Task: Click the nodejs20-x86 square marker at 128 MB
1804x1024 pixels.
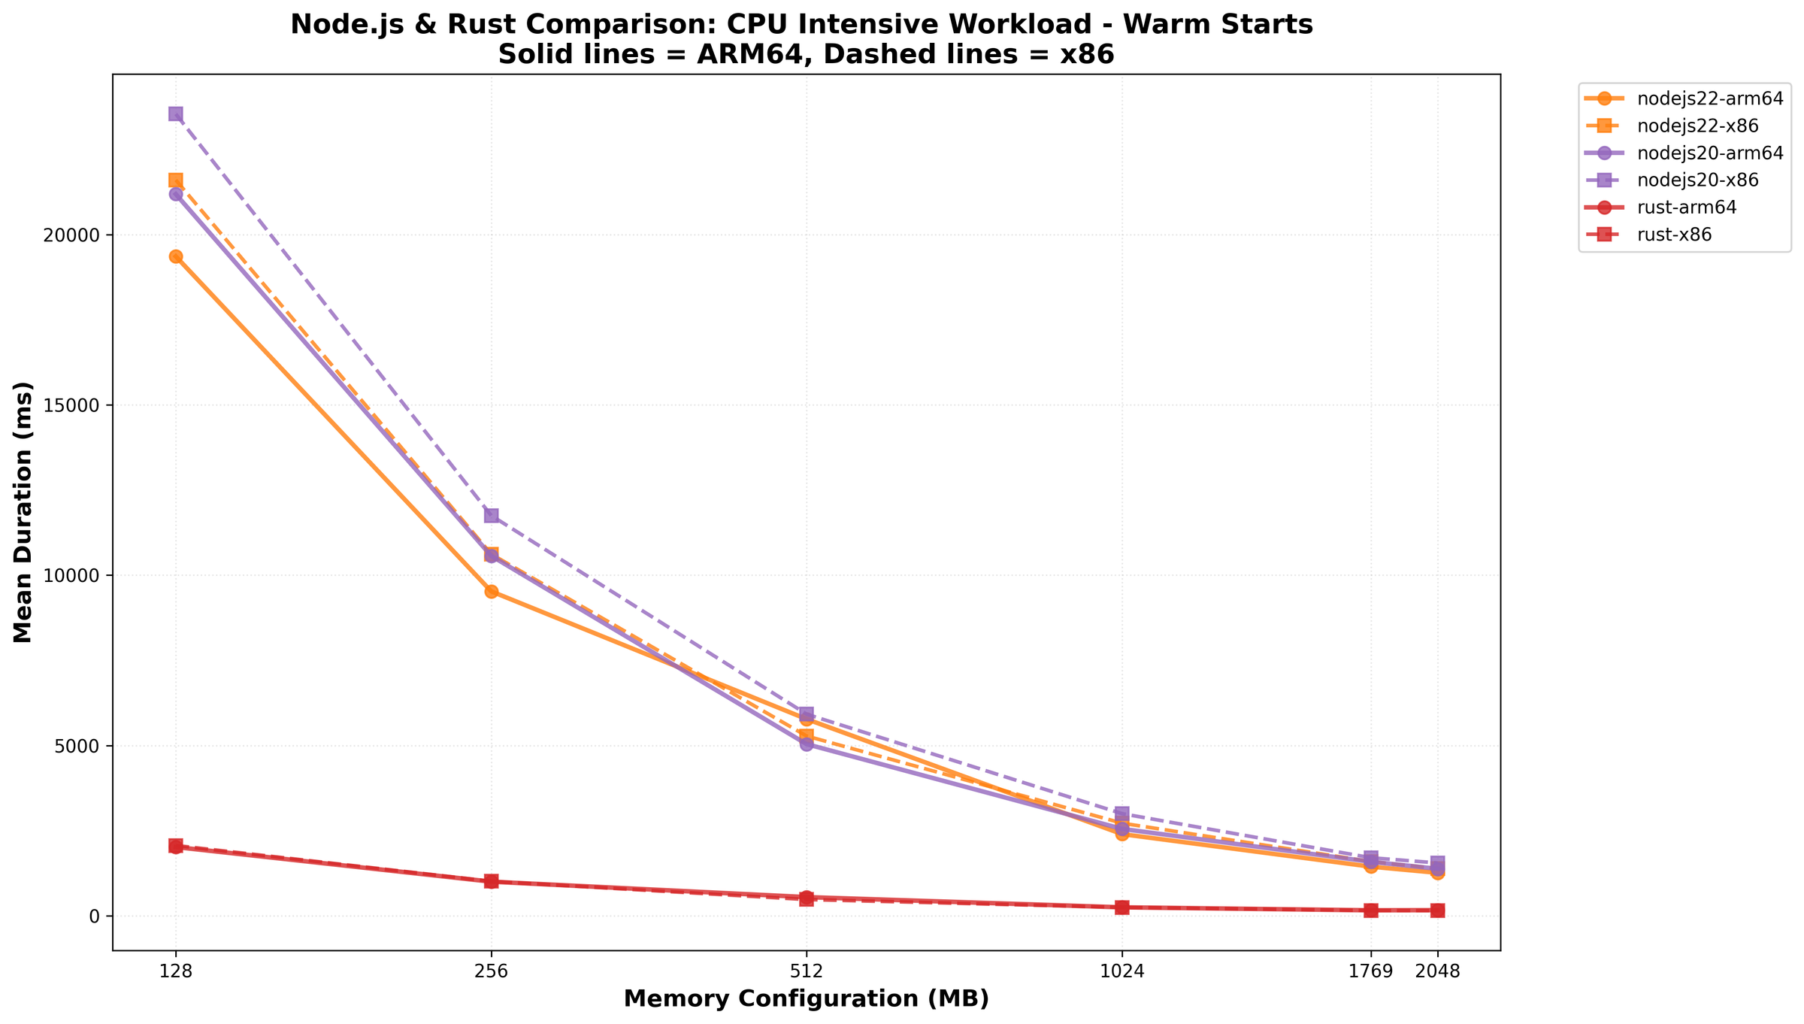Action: [x=175, y=114]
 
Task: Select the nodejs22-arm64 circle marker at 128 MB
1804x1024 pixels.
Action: [x=175, y=256]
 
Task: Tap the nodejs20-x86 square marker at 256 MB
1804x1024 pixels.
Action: [x=491, y=515]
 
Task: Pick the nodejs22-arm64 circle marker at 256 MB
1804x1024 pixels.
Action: [x=491, y=591]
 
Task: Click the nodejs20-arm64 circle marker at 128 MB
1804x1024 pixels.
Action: [x=175, y=194]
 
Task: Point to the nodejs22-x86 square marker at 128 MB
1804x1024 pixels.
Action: [x=175, y=180]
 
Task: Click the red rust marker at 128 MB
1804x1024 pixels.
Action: [x=175, y=847]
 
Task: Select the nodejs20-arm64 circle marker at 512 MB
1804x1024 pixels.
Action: [x=806, y=744]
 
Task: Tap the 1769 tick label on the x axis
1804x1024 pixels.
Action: [x=1370, y=971]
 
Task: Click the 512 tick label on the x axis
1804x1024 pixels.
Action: [x=806, y=971]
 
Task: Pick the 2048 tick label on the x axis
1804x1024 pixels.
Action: [x=1437, y=971]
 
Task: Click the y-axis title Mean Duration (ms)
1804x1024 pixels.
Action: [x=24, y=511]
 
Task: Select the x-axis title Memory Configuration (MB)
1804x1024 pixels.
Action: [x=806, y=999]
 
